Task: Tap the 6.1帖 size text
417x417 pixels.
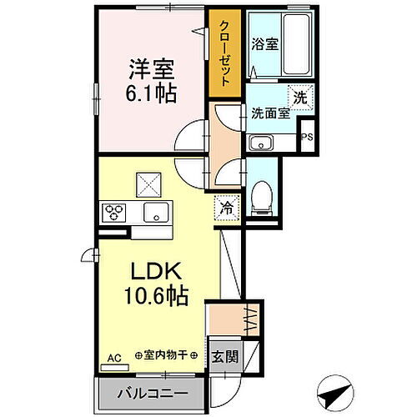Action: tap(151, 94)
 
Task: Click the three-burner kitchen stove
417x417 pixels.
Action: tap(113, 213)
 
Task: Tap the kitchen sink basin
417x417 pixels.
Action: tap(155, 213)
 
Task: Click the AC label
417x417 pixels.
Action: tap(113, 357)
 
